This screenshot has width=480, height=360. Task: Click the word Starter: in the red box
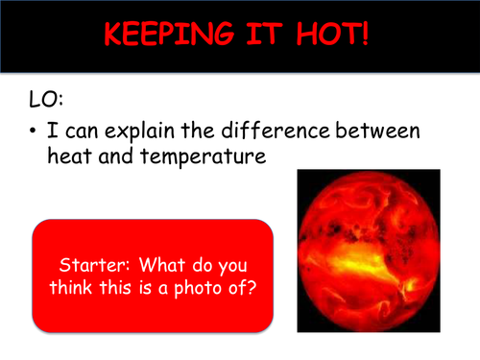tap(99, 265)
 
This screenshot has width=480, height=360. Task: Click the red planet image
tap(368, 260)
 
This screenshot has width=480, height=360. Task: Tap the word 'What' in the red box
tap(163, 265)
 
